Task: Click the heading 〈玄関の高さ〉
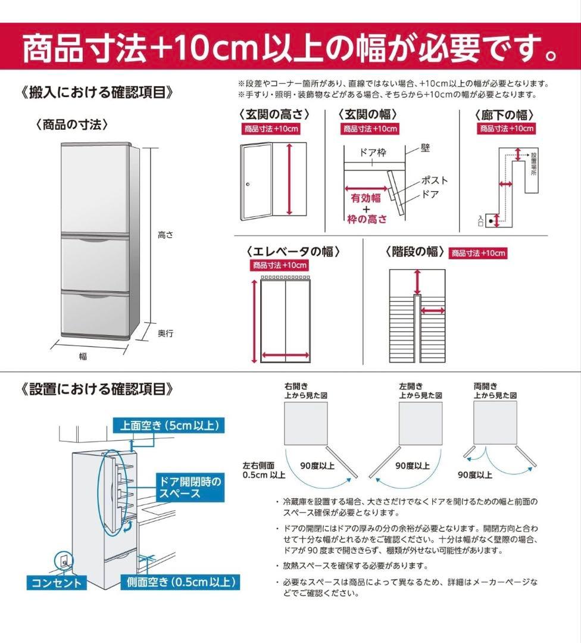274,114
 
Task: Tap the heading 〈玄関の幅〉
368,114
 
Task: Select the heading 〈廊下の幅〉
504,114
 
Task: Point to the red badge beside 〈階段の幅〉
478,253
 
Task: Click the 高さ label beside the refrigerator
165,235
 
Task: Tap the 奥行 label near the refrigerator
165,333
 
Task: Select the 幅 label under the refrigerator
83,356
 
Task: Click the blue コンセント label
57,582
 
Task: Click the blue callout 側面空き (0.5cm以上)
180,582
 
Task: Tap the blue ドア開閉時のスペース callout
188,487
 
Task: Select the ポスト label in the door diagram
435,180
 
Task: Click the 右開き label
296,386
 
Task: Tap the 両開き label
485,386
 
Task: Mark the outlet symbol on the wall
62,560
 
